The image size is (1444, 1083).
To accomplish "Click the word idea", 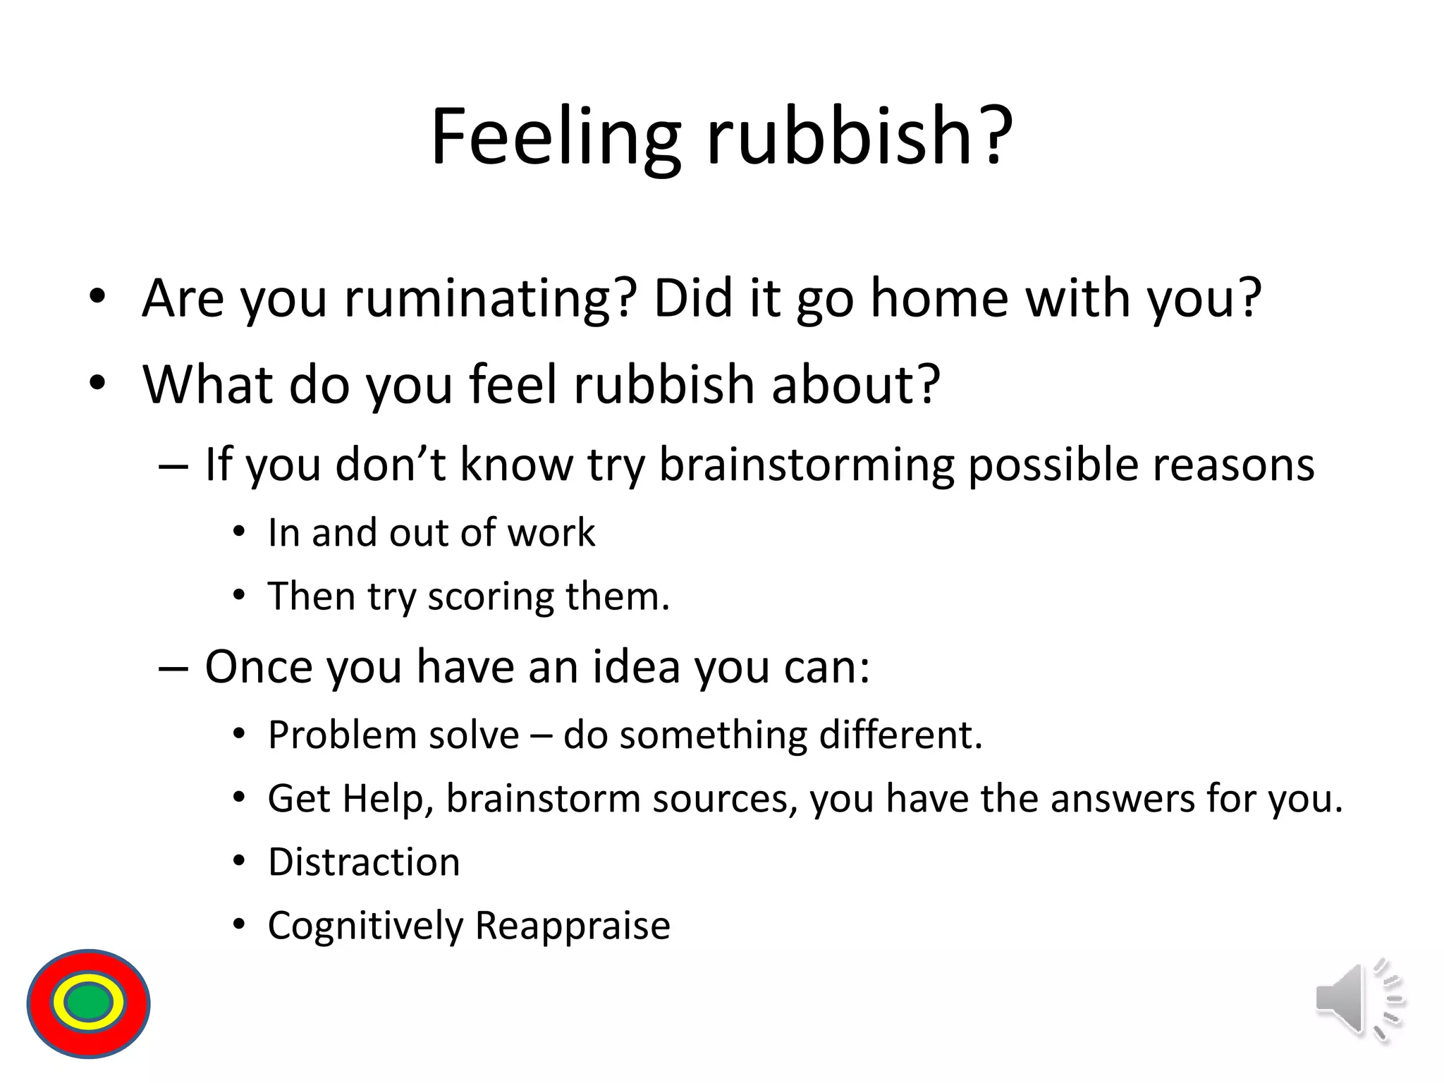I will (x=636, y=667).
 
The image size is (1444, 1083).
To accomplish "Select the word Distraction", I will (x=364, y=862).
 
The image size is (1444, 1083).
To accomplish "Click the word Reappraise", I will (x=573, y=926).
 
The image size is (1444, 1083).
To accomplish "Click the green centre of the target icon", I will (x=88, y=1003).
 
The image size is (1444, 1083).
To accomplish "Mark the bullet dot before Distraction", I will (x=240, y=862).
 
